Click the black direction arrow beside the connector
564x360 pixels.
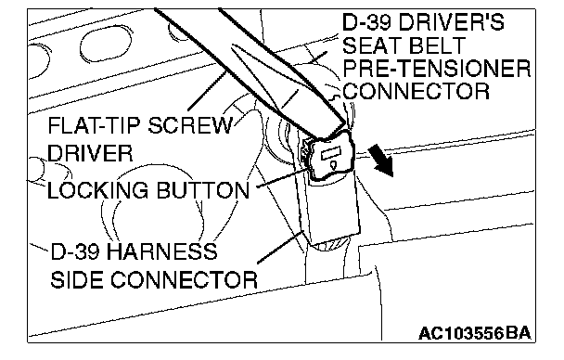point(382,161)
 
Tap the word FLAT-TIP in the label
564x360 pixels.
point(94,126)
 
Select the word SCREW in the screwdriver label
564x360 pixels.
point(190,126)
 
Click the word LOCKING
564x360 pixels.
point(97,190)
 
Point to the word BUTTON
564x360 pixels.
point(203,190)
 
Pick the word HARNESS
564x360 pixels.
point(162,251)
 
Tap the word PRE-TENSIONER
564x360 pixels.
point(437,69)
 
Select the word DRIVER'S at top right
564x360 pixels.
point(451,22)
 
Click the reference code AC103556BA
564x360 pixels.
point(475,333)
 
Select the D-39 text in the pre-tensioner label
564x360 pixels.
point(366,22)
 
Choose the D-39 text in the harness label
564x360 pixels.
point(75,251)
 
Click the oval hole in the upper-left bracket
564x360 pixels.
point(106,45)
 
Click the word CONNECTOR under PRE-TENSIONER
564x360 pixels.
point(417,91)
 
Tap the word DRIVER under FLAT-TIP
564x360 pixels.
point(90,153)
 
